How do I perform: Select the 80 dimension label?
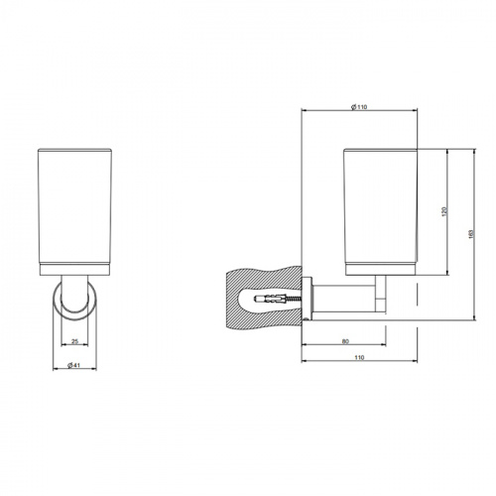pos(344,341)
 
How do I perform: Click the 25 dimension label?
pos(75,341)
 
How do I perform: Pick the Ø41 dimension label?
pos(74,366)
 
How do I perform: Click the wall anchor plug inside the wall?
pos(268,299)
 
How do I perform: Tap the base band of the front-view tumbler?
pos(75,266)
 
